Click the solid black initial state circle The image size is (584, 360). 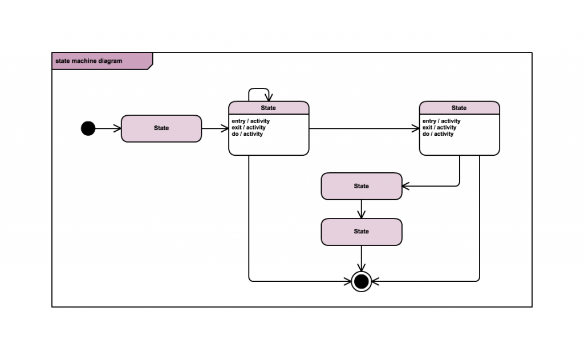[88, 128]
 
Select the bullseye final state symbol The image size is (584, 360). [362, 281]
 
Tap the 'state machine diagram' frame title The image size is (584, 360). [89, 61]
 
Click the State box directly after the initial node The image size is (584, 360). [161, 128]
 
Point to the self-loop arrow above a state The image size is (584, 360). [259, 90]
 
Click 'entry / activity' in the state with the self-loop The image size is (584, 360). [250, 121]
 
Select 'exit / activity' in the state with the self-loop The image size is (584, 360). [248, 128]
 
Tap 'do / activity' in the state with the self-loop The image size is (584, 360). [247, 134]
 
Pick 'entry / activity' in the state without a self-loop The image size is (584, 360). [441, 121]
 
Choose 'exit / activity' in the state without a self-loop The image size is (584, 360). [439, 128]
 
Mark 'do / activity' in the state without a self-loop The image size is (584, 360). [437, 134]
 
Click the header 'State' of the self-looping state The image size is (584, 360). [268, 108]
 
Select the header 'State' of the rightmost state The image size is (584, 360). [459, 108]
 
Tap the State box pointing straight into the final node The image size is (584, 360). [362, 232]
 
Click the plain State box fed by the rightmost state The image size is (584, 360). [362, 186]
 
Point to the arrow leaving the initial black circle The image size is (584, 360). [108, 128]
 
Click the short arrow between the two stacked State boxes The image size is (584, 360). [362, 209]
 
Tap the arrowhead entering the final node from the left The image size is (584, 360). [347, 281]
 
